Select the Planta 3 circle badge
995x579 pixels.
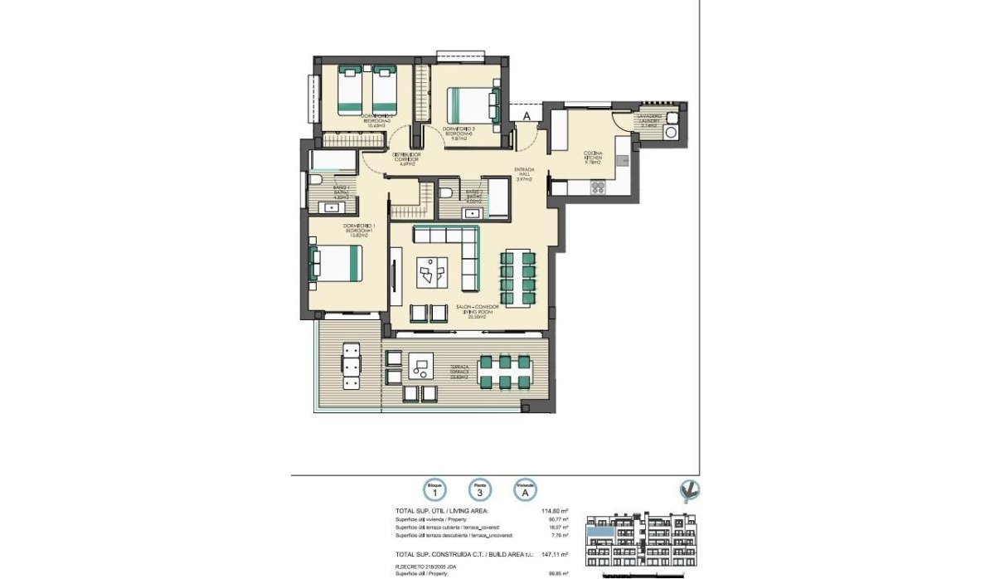[x=478, y=490]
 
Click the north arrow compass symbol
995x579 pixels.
[x=687, y=491]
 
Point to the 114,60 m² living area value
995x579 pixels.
[x=554, y=512]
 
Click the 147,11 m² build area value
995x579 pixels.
[x=554, y=553]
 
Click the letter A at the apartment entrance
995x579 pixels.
[x=526, y=116]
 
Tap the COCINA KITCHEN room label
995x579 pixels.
[x=592, y=158]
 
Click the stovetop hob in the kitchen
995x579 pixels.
[x=598, y=189]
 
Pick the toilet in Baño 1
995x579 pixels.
[x=316, y=180]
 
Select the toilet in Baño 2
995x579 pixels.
[x=446, y=192]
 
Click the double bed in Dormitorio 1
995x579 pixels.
[x=336, y=263]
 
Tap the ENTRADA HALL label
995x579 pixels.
[x=524, y=173]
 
